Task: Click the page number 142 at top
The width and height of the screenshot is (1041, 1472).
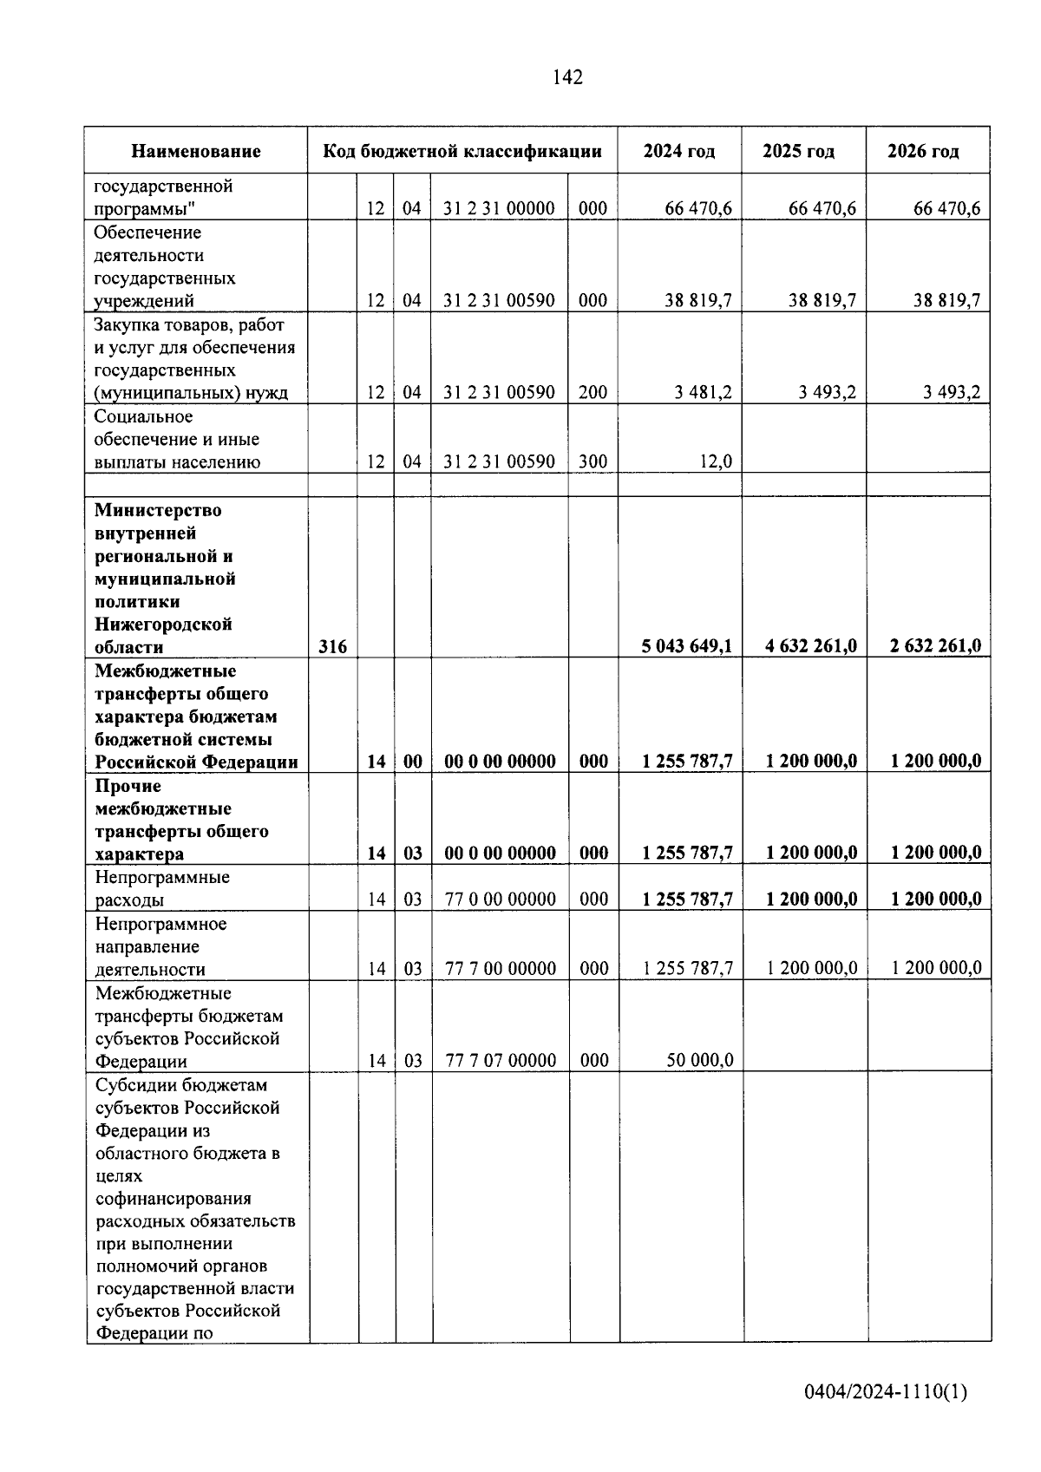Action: point(567,77)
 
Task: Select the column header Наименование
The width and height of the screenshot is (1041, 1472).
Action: point(196,152)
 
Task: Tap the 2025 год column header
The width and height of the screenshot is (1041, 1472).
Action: point(798,152)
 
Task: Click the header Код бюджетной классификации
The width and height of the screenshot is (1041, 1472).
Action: point(462,152)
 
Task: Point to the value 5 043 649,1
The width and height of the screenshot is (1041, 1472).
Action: point(686,646)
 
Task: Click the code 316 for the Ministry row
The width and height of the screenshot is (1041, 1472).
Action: point(332,647)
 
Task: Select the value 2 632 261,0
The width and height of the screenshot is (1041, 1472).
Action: point(935,646)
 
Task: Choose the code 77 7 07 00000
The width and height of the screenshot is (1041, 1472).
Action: point(500,1061)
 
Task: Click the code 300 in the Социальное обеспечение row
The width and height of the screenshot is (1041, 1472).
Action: point(593,462)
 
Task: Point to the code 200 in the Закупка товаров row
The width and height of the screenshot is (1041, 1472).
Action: point(593,393)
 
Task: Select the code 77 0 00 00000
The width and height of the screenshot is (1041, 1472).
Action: point(500,900)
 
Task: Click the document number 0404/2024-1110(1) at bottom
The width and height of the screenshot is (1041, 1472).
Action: point(885,1393)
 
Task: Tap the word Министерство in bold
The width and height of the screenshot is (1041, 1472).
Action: point(158,511)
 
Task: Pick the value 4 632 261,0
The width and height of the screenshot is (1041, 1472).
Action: point(811,646)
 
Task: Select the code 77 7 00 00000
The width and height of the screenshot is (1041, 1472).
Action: point(500,969)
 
